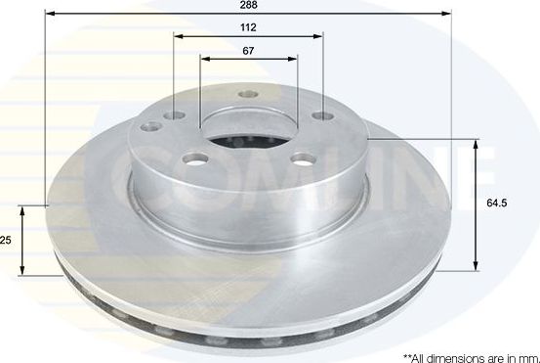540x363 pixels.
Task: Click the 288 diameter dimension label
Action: coord(249,5)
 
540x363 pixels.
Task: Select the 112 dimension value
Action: coord(249,27)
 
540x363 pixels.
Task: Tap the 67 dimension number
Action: coord(249,50)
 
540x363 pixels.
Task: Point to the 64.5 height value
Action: coord(497,204)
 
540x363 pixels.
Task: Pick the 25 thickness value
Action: coord(6,241)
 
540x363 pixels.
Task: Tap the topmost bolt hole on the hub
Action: coord(248,96)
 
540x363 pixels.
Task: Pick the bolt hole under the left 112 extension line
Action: coord(175,115)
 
